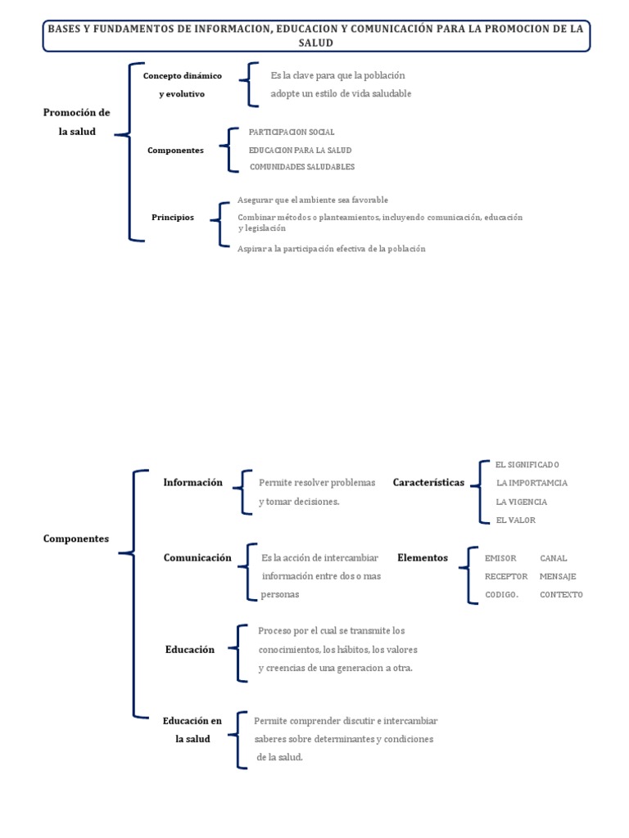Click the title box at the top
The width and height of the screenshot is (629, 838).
[x=315, y=35]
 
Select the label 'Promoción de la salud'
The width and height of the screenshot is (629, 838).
[x=76, y=122]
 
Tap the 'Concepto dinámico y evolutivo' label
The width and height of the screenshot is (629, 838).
[x=182, y=84]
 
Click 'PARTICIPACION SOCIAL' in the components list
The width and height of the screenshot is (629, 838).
[x=292, y=132]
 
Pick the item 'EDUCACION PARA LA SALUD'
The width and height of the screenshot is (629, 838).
[x=300, y=150]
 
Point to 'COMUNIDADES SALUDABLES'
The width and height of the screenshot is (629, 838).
[x=301, y=167]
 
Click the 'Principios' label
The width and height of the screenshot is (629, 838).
[x=173, y=217]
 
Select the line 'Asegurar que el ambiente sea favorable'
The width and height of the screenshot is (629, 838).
[x=312, y=200]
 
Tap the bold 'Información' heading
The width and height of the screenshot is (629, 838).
[x=192, y=482]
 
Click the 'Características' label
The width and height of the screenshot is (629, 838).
[x=428, y=482]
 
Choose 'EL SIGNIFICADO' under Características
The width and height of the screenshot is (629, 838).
[x=527, y=464]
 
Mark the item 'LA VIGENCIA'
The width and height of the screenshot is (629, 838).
[x=521, y=502]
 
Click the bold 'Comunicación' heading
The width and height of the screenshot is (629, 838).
[x=197, y=557]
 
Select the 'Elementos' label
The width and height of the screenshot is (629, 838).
[x=423, y=557]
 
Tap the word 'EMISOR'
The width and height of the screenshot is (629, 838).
[x=500, y=558]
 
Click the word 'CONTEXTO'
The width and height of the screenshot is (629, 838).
[x=561, y=595]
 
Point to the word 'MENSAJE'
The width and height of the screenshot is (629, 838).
[x=558, y=576]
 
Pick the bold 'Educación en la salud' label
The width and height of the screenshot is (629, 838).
[x=192, y=730]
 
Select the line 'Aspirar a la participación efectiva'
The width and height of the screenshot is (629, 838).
[x=331, y=249]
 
